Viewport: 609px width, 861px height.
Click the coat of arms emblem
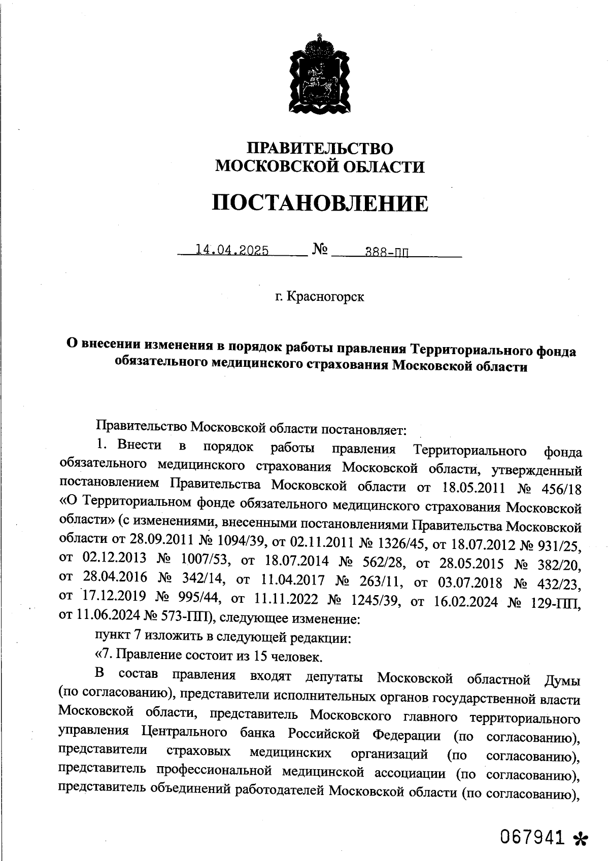(319, 75)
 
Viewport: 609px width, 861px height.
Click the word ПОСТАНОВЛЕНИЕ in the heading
(320, 203)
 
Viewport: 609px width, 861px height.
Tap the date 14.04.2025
(232, 250)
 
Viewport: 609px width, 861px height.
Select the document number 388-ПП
(387, 252)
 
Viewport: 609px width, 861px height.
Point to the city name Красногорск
(325, 296)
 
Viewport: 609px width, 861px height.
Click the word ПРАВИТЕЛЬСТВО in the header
(320, 148)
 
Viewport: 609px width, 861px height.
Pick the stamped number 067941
(532, 837)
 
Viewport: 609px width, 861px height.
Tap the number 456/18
(559, 489)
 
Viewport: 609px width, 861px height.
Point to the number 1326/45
(401, 543)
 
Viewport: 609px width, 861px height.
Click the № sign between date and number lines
(320, 249)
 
